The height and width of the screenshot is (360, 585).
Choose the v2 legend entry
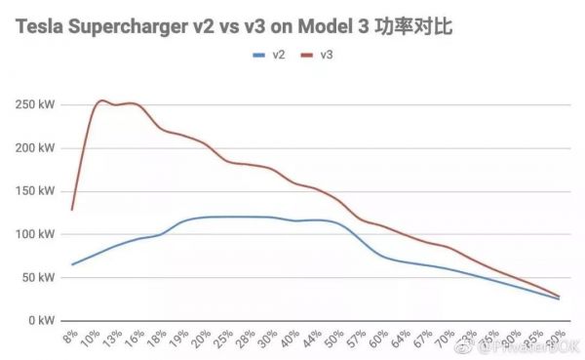[271, 55]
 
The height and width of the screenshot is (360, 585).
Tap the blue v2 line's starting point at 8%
[71, 264]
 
